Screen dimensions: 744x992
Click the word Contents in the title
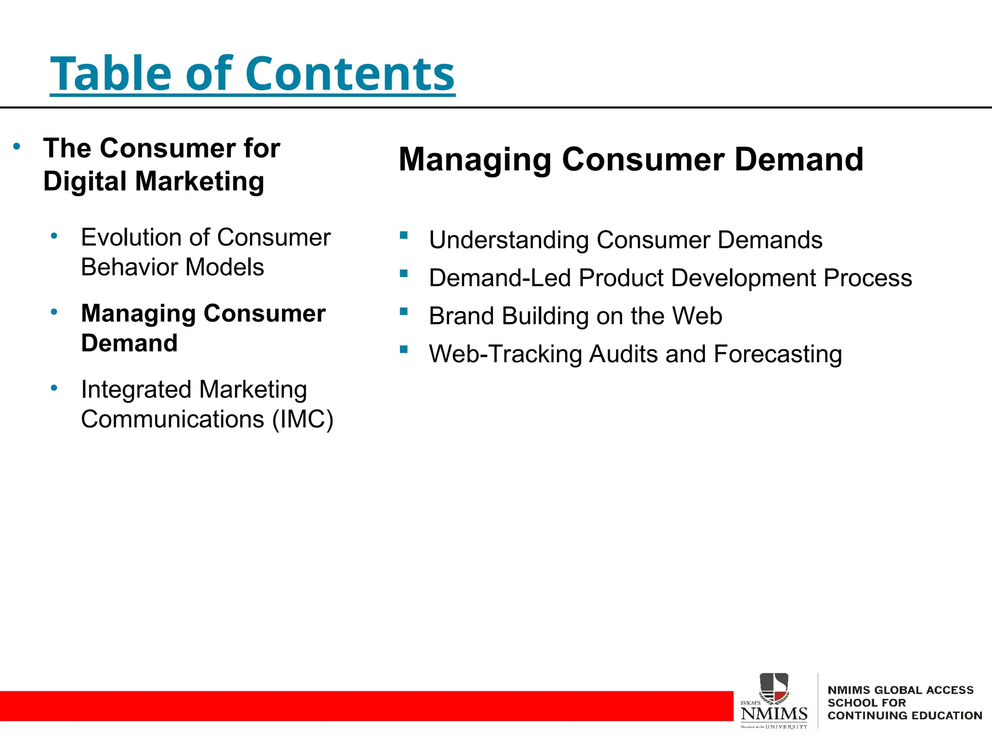point(350,74)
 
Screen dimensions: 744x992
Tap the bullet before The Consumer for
point(17,146)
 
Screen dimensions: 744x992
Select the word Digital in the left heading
point(85,182)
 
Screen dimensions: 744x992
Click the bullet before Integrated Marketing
point(54,387)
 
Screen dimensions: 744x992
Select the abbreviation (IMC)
point(303,419)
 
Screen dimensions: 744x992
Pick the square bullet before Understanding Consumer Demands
point(404,235)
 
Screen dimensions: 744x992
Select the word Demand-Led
point(500,278)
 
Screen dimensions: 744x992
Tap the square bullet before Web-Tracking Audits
point(404,349)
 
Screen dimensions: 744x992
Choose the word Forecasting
point(777,355)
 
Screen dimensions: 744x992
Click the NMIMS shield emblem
point(774,688)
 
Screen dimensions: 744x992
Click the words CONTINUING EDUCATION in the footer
point(904,716)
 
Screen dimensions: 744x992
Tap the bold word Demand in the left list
point(129,343)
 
